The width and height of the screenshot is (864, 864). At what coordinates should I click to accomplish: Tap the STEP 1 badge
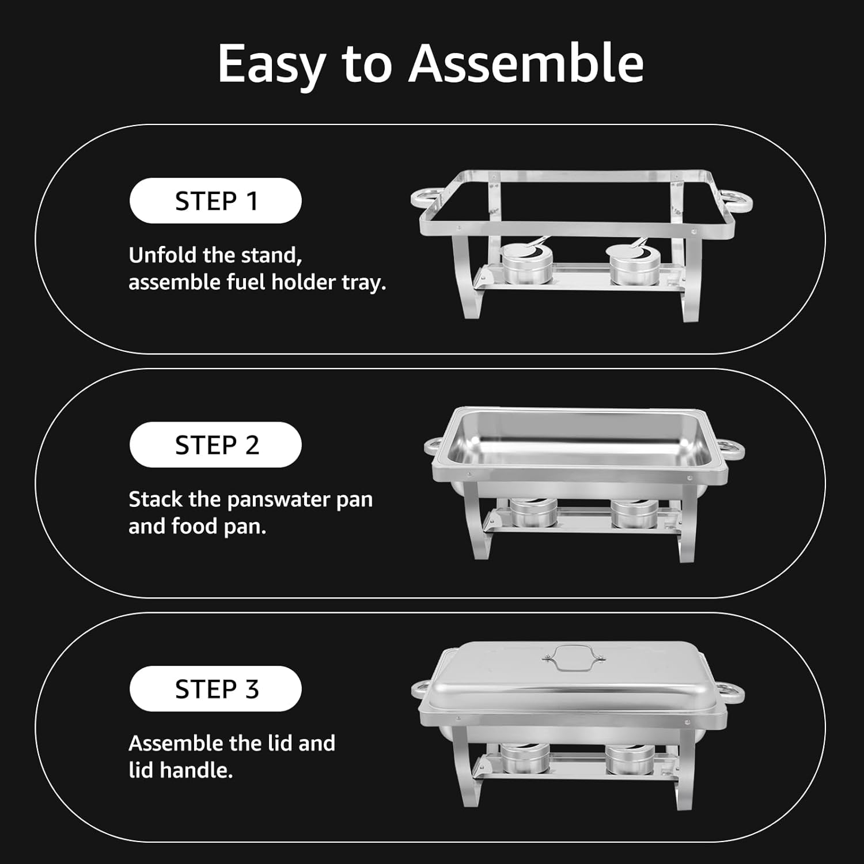(x=215, y=201)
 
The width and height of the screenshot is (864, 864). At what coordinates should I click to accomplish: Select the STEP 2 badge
(x=215, y=445)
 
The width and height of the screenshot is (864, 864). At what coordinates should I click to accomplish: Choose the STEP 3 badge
(x=215, y=689)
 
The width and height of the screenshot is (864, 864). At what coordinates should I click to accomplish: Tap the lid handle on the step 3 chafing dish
(x=572, y=657)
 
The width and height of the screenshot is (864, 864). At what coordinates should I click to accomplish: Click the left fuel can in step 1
(x=526, y=264)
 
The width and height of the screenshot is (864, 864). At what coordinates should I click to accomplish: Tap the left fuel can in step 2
(x=533, y=513)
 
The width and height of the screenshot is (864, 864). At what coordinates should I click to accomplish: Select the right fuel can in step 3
(x=630, y=759)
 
